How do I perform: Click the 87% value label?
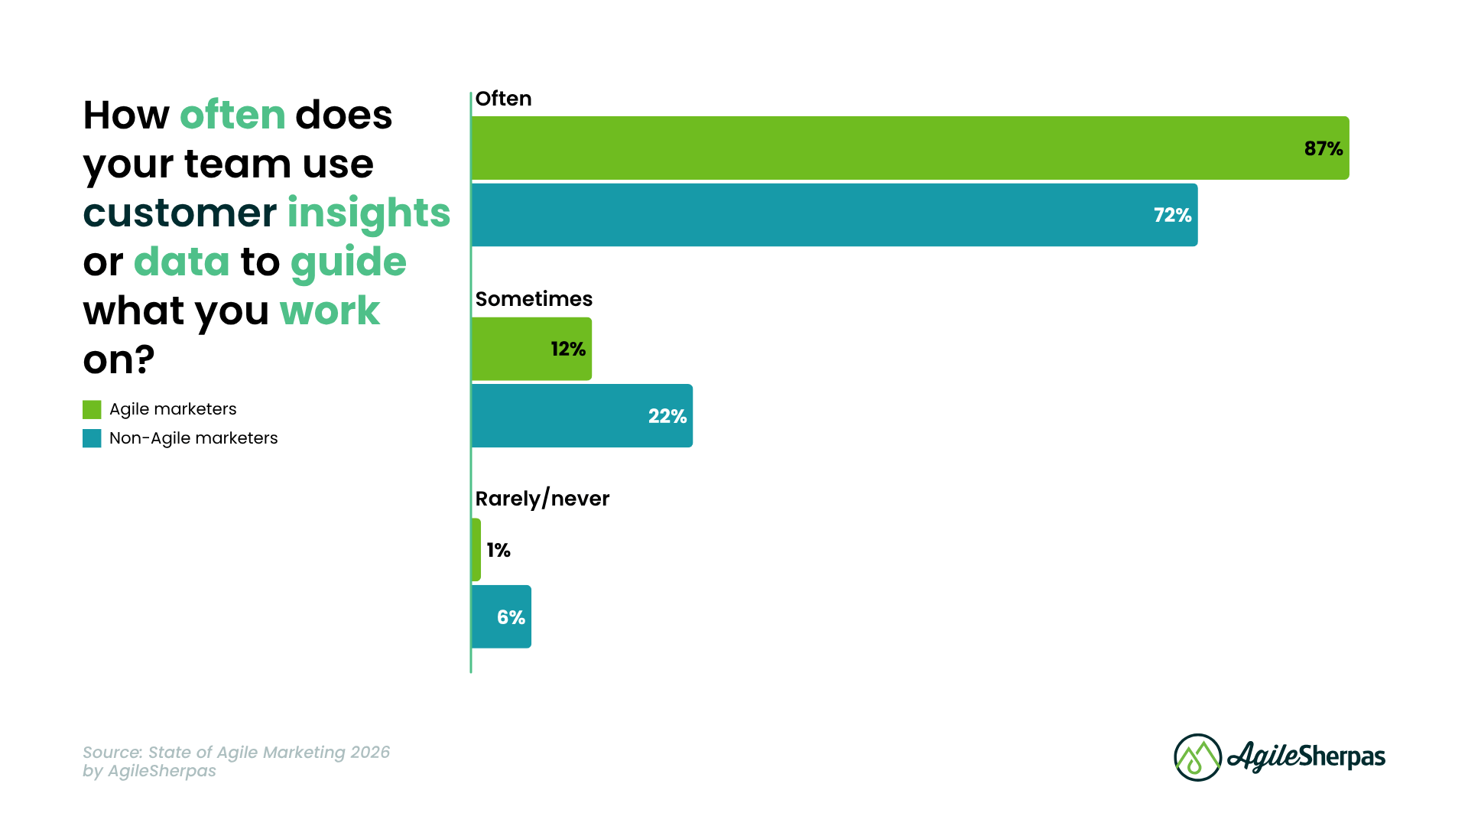pyautogui.click(x=1323, y=148)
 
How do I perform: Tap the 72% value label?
pyautogui.click(x=1172, y=215)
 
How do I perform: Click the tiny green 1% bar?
pyautogui.click(x=476, y=550)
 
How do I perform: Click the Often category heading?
pyautogui.click(x=503, y=99)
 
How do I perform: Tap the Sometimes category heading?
pyautogui.click(x=534, y=299)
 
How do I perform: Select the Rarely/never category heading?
pyautogui.click(x=542, y=499)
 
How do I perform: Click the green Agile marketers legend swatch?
pyautogui.click(x=92, y=410)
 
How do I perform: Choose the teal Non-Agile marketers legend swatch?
pyautogui.click(x=92, y=438)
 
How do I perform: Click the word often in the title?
pyautogui.click(x=232, y=115)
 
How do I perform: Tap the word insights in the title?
pyautogui.click(x=369, y=213)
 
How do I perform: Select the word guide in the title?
pyautogui.click(x=348, y=262)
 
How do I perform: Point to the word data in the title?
pyautogui.click(x=181, y=262)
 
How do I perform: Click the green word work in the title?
pyautogui.click(x=330, y=311)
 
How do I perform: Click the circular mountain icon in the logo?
pyautogui.click(x=1197, y=757)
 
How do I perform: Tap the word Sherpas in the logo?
pyautogui.click(x=1342, y=757)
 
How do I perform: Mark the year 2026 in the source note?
pyautogui.click(x=370, y=752)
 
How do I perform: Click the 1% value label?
pyautogui.click(x=499, y=550)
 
